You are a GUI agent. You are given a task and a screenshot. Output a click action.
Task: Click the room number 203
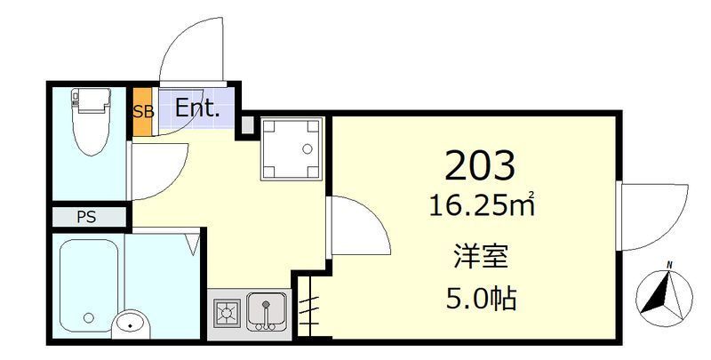coord(480,165)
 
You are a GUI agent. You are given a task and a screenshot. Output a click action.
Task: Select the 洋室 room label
coord(480,258)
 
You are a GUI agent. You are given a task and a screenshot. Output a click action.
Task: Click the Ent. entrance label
coord(196,109)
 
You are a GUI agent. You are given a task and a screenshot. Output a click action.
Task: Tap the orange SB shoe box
coord(141,111)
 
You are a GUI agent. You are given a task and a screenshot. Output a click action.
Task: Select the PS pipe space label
coord(86,217)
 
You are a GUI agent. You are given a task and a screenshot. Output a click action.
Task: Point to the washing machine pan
coord(289,147)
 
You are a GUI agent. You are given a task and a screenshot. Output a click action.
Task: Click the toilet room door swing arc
coord(160,169)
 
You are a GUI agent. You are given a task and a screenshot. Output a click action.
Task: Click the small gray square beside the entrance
coord(248,124)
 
